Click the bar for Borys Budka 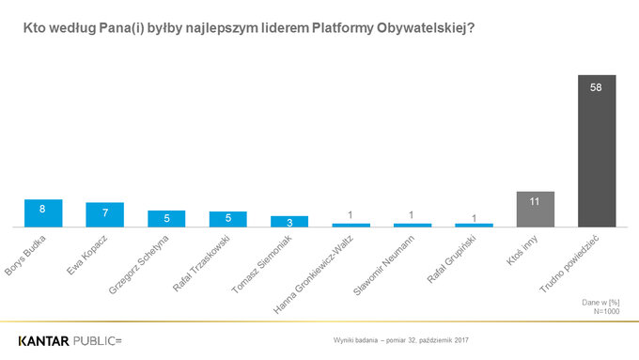pos(43,213)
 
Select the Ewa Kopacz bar pos(104,215)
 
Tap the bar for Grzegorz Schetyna pos(166,218)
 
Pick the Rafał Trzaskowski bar pos(227,219)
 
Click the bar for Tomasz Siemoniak pos(289,222)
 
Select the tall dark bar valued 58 pos(597,150)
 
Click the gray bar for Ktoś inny pos(535,210)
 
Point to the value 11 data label pos(535,200)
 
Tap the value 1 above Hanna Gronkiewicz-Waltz pos(351,215)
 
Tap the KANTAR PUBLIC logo pos(70,337)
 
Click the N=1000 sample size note pos(605,310)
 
